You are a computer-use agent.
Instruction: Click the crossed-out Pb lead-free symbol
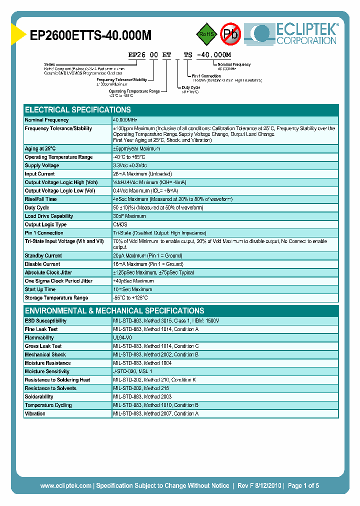click(x=231, y=34)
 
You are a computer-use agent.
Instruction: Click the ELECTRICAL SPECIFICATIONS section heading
click(x=78, y=110)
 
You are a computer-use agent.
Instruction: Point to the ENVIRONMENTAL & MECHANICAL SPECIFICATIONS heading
click(x=114, y=310)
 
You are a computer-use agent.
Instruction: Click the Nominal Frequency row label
click(x=46, y=120)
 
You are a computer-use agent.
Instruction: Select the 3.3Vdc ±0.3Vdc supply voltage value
click(x=130, y=165)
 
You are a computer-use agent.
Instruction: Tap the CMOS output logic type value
click(x=120, y=224)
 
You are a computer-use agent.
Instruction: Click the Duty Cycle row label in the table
click(x=37, y=207)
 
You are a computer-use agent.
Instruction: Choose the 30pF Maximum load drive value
click(x=129, y=216)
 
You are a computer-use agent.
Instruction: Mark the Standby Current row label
click(x=43, y=255)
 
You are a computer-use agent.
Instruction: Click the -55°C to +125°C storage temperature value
click(x=134, y=298)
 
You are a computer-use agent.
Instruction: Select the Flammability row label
click(x=39, y=337)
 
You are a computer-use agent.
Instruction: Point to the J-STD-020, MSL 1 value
click(x=132, y=371)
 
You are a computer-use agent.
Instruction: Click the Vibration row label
click(x=35, y=413)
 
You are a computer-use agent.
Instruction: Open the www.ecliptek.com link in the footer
click(x=65, y=485)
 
